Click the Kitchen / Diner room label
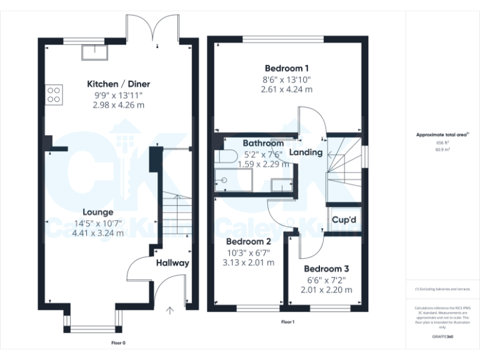(x=118, y=84)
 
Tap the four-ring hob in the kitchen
(x=54, y=94)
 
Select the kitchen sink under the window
(x=91, y=53)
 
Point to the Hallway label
(x=172, y=262)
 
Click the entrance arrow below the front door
(x=169, y=310)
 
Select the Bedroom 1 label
(x=286, y=68)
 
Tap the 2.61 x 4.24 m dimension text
(x=286, y=89)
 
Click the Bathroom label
(x=263, y=143)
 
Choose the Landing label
(x=306, y=152)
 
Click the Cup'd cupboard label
(x=344, y=220)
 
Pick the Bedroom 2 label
(x=248, y=241)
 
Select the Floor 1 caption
(x=287, y=321)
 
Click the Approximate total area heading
(x=442, y=134)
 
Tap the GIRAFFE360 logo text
(x=442, y=337)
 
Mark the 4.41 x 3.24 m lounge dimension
(x=98, y=233)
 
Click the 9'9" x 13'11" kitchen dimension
(x=118, y=95)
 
